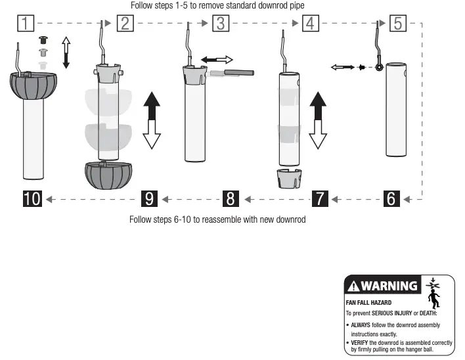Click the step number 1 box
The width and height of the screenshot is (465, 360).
[x=25, y=24]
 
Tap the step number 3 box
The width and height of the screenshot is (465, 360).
[x=221, y=24]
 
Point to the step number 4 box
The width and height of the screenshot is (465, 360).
[x=310, y=24]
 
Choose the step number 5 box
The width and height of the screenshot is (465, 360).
[x=397, y=24]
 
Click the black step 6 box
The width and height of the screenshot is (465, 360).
[x=391, y=198]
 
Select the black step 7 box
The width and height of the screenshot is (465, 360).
[x=320, y=198]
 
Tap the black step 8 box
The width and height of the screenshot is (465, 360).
[x=231, y=198]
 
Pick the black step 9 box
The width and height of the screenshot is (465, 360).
[x=150, y=198]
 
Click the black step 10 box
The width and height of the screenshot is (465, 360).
[x=32, y=198]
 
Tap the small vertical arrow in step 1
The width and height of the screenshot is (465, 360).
[x=66, y=53]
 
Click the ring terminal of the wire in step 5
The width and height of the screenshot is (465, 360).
[x=379, y=66]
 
